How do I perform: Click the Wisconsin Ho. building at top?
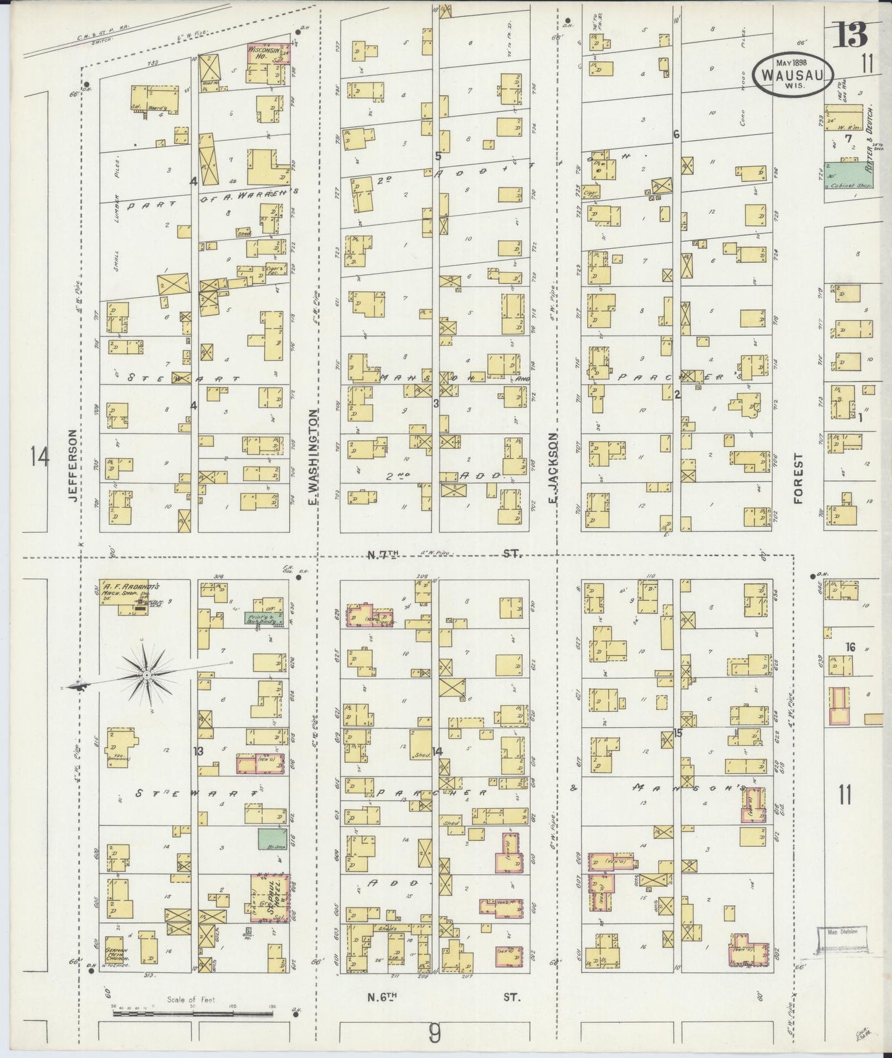coord(269,64)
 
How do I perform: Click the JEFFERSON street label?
coord(72,467)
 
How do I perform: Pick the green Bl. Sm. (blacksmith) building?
coord(266,839)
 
